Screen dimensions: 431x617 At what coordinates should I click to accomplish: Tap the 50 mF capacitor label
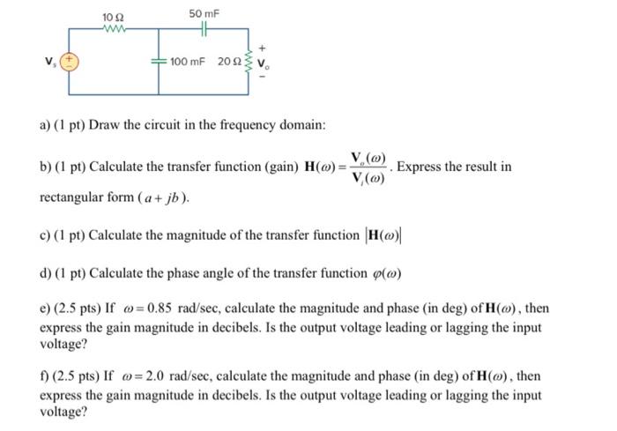(204, 14)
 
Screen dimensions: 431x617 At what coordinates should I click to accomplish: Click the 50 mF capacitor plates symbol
(204, 28)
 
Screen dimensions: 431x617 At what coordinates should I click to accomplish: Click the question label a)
(46, 125)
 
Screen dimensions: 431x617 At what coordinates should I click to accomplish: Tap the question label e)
(46, 309)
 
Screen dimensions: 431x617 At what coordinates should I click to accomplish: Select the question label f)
(45, 376)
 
